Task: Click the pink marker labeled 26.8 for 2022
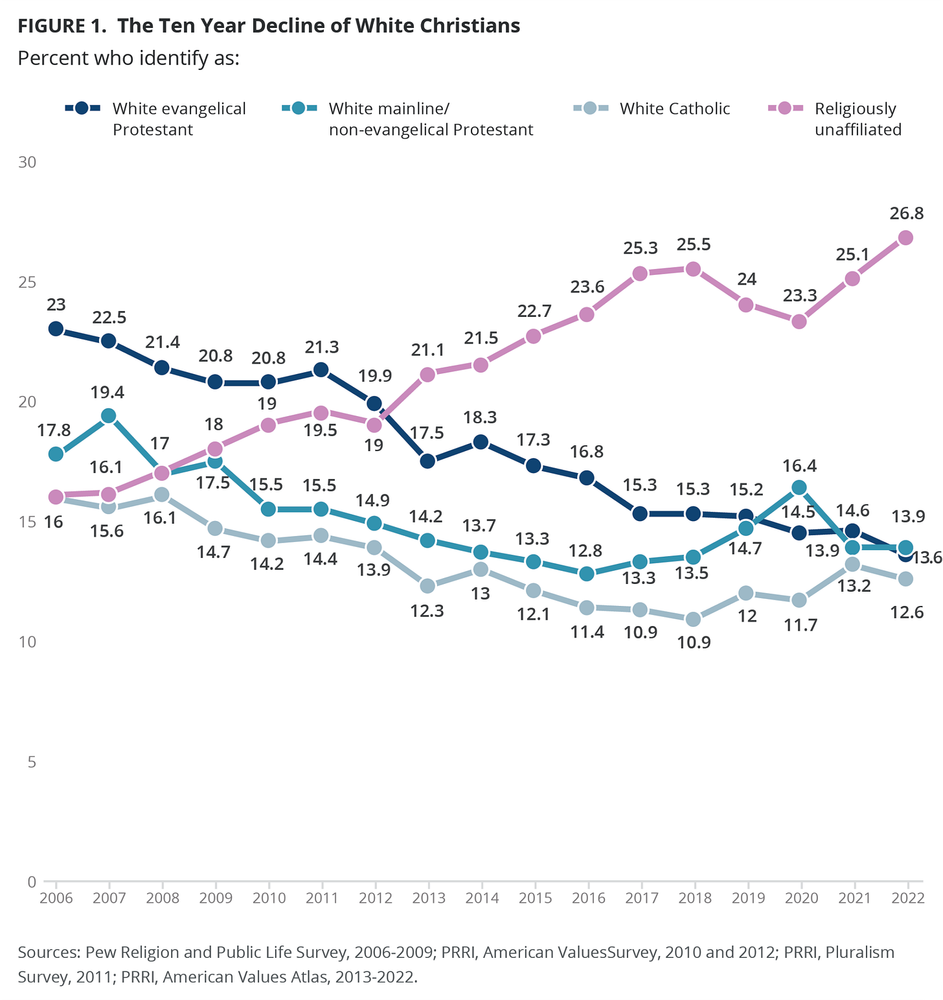pos(905,238)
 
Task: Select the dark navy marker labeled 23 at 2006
pos(56,329)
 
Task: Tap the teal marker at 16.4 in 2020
pos(799,487)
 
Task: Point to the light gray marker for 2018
pos(693,619)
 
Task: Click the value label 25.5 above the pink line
pos(693,244)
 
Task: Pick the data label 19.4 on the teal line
pos(108,392)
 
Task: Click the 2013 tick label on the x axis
pos(429,898)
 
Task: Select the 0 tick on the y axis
pos(31,881)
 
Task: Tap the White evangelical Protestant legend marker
pos(82,108)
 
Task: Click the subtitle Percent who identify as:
pos(129,58)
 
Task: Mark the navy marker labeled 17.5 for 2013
pos(427,461)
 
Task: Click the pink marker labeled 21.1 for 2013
pos(427,375)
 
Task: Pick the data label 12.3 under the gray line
pos(427,610)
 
